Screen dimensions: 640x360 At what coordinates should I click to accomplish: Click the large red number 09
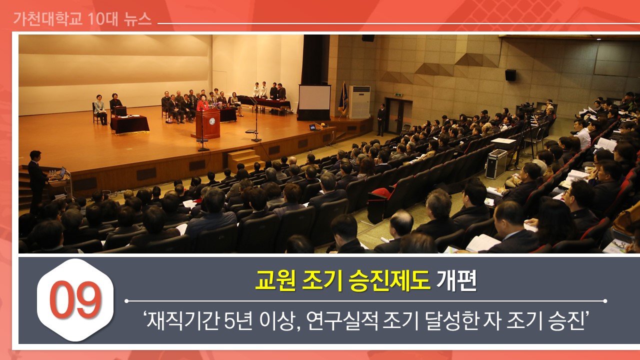tap(75, 300)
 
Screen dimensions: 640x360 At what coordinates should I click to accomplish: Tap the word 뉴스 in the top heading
tap(137, 19)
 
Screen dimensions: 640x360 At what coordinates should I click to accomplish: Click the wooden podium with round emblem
tap(208, 123)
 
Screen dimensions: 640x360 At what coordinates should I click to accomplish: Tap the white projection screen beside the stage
tap(314, 97)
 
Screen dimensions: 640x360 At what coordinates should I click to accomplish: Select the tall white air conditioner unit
tap(359, 102)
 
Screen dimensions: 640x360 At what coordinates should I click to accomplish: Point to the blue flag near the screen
tap(343, 99)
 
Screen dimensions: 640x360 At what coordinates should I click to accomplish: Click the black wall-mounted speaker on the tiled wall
tap(510, 75)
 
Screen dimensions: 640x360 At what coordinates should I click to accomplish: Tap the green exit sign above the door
tap(397, 94)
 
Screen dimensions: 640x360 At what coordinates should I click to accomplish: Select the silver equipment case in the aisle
tap(496, 164)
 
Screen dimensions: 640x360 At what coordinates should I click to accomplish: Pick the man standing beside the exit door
tap(381, 119)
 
